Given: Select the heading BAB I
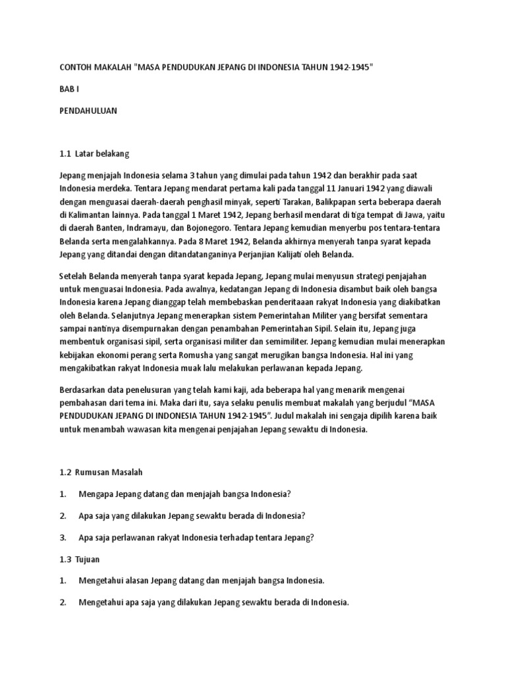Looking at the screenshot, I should coord(69,90).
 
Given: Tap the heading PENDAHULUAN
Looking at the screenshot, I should coord(88,111).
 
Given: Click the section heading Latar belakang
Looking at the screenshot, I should coord(103,154).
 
